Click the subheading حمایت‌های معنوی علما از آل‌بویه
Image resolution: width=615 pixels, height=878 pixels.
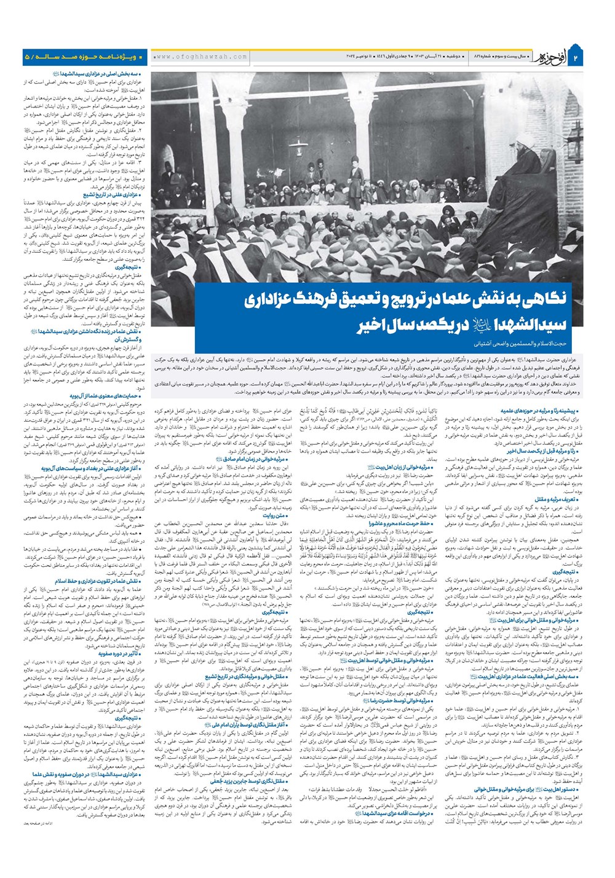point(105,396)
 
